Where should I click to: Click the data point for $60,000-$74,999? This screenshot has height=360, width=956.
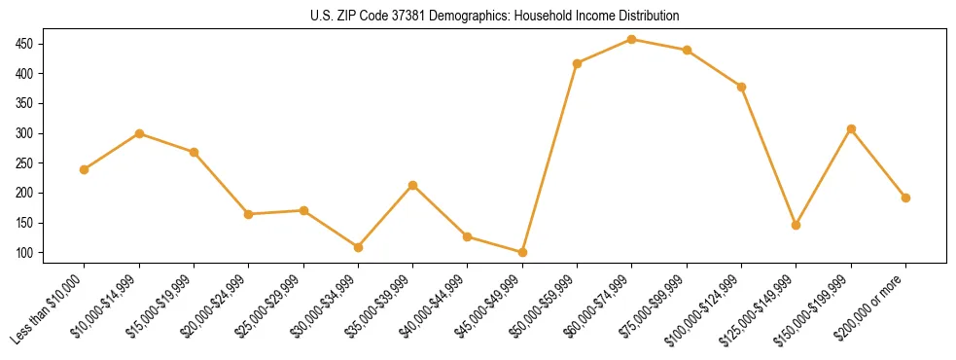pos(632,39)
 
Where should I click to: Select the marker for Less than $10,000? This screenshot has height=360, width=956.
pos(85,169)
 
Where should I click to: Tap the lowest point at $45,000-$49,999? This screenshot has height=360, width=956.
pos(522,252)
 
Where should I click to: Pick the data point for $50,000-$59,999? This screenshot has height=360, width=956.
pos(578,63)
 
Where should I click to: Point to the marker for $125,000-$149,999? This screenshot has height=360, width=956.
pos(797,225)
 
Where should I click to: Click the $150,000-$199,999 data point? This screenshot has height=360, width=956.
pos(851,128)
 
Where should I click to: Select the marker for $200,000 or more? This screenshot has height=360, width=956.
pos(905,198)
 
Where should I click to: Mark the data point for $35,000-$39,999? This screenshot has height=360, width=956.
pos(413,185)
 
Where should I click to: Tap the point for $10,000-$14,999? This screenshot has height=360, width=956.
pos(139,133)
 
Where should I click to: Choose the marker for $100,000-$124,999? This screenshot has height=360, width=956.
pos(742,87)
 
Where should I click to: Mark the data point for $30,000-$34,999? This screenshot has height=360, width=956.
pos(358,247)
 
